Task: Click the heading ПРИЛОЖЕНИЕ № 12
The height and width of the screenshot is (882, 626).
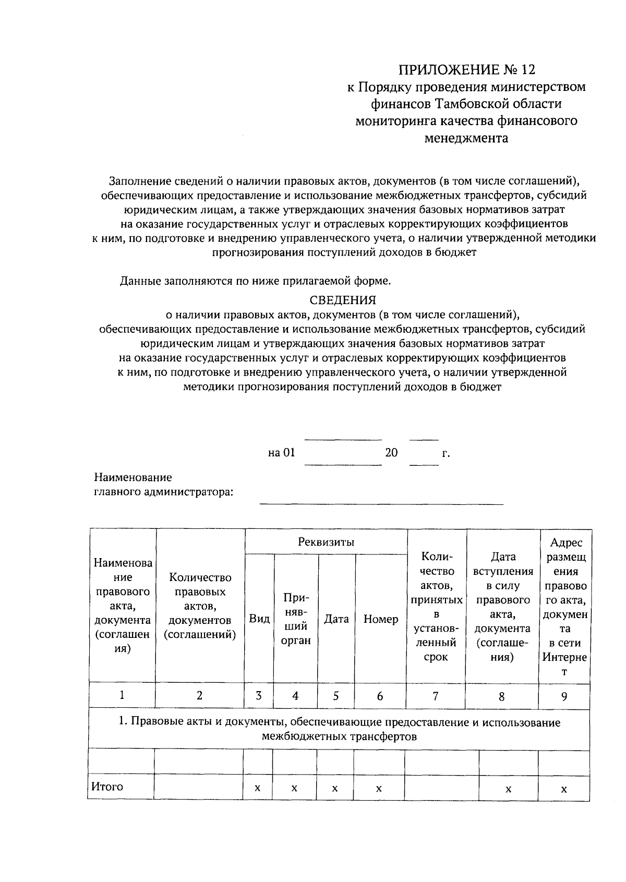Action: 467,69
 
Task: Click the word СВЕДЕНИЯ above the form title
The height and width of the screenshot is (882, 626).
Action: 343,300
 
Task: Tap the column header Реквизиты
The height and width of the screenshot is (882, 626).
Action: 326,542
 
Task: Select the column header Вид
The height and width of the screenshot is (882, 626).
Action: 259,619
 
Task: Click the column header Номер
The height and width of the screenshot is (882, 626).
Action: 381,619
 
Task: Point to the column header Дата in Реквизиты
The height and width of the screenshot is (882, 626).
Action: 336,619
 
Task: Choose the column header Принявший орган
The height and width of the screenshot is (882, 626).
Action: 296,619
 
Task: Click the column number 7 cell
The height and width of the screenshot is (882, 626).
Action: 436,696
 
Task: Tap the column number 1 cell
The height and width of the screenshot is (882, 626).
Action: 122,695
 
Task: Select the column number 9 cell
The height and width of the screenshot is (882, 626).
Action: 564,696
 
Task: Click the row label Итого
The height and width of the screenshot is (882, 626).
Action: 107,787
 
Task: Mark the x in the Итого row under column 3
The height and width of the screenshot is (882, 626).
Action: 258,789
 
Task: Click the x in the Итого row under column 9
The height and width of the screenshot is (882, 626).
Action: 564,789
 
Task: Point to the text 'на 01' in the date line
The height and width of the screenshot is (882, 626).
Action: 282,453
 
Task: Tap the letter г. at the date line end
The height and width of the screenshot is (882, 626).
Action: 446,453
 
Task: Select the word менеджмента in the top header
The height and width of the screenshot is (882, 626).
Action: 466,138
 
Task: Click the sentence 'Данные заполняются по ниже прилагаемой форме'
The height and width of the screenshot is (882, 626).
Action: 255,281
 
